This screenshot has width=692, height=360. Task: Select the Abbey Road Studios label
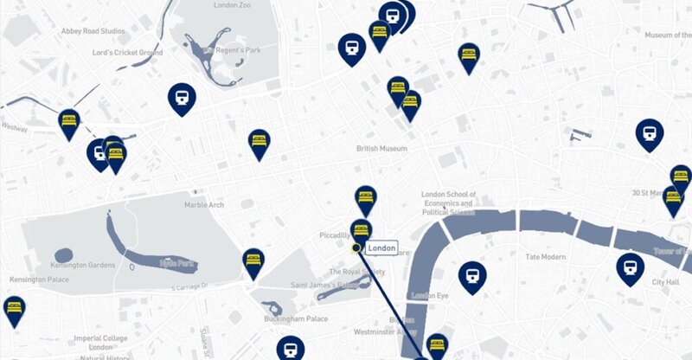point(93,31)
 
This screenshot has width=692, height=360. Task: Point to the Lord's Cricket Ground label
point(127,53)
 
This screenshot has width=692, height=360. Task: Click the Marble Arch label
point(204,205)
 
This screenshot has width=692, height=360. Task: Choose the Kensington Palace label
point(40,280)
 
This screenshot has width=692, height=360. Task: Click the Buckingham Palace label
point(296,319)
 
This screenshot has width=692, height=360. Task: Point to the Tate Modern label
point(546,257)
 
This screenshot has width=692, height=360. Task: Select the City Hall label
point(665,283)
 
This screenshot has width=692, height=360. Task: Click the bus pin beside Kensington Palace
point(14,310)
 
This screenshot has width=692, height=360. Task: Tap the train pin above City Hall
point(631,267)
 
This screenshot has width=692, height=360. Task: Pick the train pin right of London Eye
point(471,274)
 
